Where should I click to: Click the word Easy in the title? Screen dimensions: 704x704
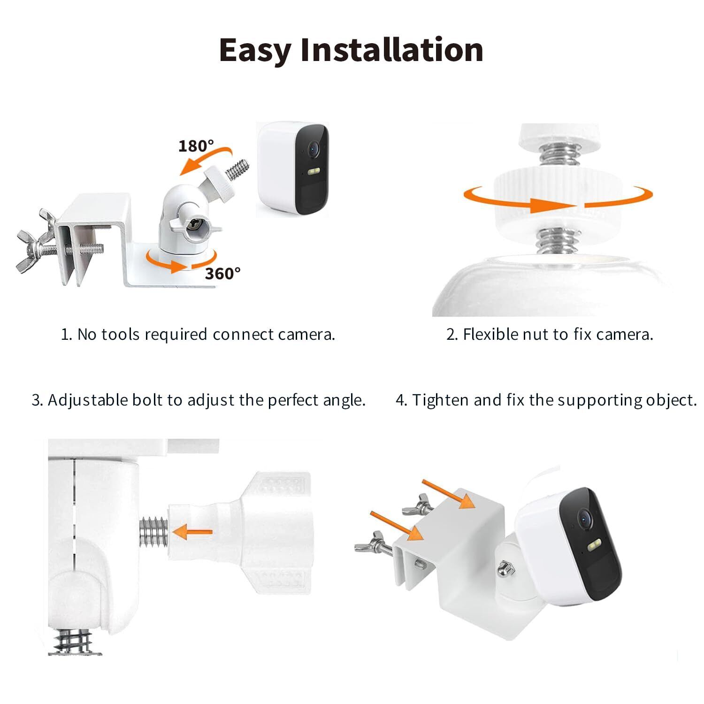click(255, 50)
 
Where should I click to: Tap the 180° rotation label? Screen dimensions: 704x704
click(196, 146)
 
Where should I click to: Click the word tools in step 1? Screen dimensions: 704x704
click(121, 334)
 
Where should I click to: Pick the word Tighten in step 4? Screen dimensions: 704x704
click(441, 400)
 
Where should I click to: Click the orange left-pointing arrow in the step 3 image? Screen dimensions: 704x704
click(192, 532)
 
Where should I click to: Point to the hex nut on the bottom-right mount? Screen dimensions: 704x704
click(505, 568)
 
